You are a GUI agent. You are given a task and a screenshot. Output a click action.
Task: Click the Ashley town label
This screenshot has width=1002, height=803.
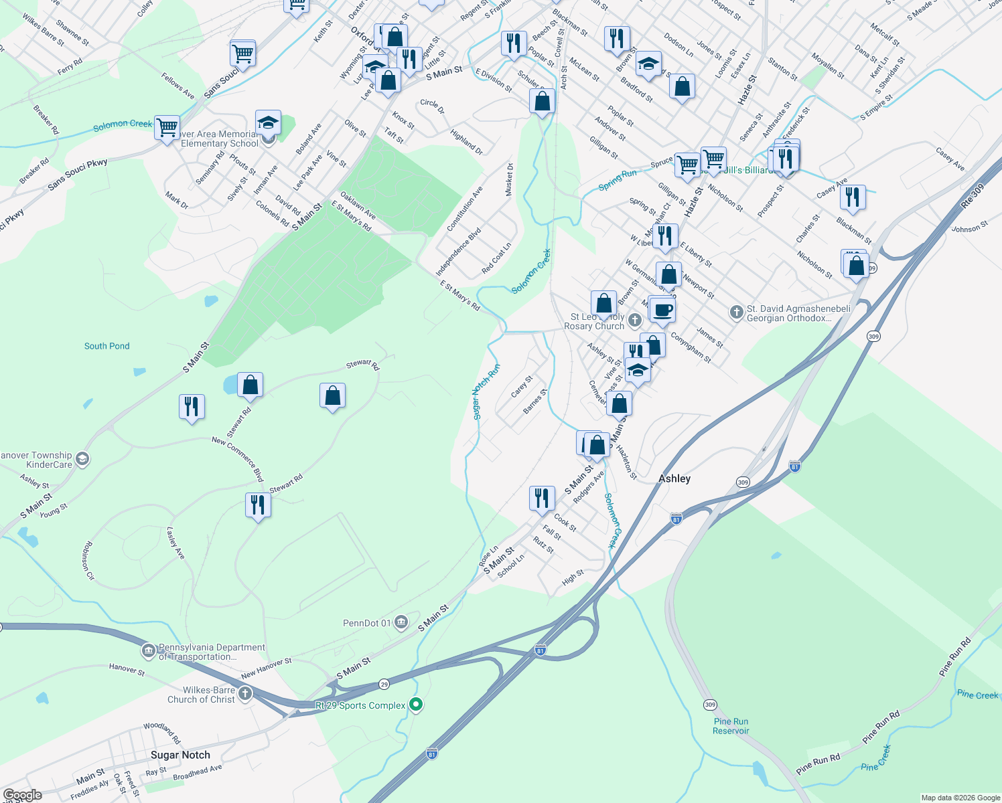tap(674, 478)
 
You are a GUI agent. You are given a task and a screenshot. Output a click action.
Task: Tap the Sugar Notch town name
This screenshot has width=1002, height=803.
tap(180, 755)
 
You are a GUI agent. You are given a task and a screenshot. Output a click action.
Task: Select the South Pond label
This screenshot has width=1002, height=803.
tap(107, 346)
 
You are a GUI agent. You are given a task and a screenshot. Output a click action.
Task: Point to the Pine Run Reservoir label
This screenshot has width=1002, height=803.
tap(731, 726)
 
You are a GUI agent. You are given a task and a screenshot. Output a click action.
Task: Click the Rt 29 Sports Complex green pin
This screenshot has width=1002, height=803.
tap(416, 705)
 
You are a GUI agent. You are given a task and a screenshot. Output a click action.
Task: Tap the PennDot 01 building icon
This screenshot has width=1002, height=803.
tap(401, 623)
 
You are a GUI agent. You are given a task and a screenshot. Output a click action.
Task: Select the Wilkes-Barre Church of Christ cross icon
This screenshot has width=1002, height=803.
tap(245, 694)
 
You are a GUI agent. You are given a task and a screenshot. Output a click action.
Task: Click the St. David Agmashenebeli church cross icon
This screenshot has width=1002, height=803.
tap(736, 313)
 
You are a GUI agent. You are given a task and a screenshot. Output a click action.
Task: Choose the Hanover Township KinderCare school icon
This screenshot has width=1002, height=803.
tap(82, 459)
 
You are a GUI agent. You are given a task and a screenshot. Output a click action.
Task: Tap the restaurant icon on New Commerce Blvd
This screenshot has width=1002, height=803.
tap(257, 505)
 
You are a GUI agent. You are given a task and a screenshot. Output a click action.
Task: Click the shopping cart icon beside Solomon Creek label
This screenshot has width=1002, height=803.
tap(167, 126)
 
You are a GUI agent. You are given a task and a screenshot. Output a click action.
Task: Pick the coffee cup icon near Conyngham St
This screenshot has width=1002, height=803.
tap(662, 310)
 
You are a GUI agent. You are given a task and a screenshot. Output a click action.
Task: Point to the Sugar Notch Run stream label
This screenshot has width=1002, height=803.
tap(486, 392)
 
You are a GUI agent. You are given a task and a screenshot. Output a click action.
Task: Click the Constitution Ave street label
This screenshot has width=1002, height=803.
tap(464, 209)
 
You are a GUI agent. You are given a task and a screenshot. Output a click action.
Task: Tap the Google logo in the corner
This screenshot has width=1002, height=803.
tap(22, 795)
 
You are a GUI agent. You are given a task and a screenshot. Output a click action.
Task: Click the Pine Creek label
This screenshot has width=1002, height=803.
tap(977, 695)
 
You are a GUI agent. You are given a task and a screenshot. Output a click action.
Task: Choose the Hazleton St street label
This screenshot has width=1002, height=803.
tap(626, 462)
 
